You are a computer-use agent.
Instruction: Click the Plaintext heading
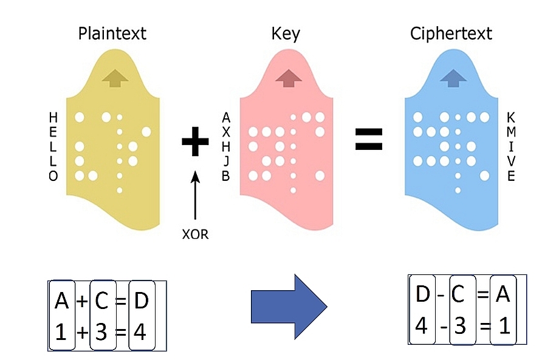112,33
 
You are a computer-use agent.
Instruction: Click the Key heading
286,33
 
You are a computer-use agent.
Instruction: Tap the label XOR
195,234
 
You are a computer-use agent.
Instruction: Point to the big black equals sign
369,138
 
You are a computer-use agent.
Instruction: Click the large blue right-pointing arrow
289,305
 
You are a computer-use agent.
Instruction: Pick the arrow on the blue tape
451,78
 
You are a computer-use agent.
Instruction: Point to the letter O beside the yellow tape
53,176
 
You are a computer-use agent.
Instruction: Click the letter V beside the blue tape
511,161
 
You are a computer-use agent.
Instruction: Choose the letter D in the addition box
140,301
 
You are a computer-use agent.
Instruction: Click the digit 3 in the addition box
101,331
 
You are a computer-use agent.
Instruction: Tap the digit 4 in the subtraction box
422,327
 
